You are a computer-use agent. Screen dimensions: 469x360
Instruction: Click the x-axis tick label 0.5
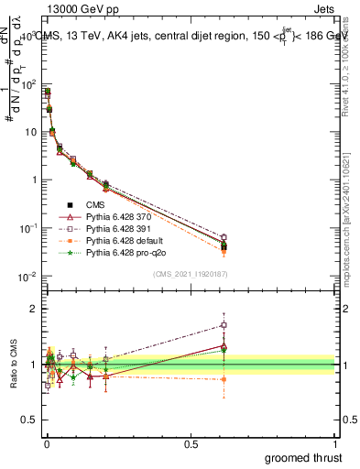point(191,442)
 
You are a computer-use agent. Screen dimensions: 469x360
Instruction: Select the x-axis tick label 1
point(336,442)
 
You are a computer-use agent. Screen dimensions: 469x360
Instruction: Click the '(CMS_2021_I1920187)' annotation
point(190,273)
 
